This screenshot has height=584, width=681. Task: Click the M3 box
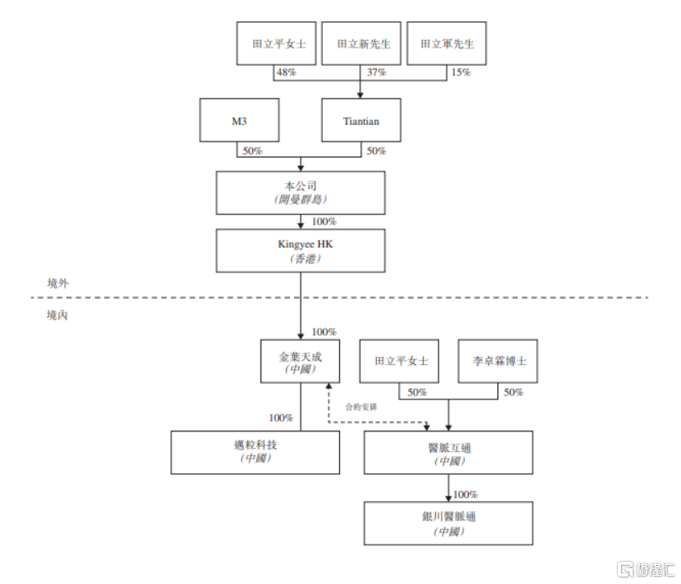(x=239, y=121)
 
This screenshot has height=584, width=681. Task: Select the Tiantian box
(x=361, y=121)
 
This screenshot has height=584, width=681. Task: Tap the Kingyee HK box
(x=300, y=250)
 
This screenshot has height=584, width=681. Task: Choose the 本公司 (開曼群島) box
(x=300, y=193)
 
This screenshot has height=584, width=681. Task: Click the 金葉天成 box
(x=301, y=361)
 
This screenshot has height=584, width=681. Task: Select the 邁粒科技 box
(x=255, y=452)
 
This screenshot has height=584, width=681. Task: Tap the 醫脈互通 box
(x=449, y=452)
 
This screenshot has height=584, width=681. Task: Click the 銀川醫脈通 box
(x=449, y=523)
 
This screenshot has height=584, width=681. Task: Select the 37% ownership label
(x=375, y=73)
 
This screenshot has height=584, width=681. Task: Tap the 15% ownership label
(x=461, y=73)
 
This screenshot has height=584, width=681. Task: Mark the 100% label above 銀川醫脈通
(x=465, y=495)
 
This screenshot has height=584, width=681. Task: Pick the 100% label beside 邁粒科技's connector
(x=281, y=417)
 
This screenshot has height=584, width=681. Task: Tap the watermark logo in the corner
(x=644, y=568)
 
